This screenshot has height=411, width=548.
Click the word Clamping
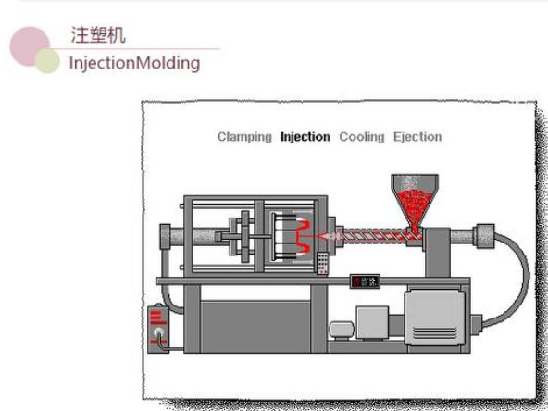pos(244,137)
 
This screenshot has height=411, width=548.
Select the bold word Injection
pos(305,137)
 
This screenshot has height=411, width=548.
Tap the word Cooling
pos(362,137)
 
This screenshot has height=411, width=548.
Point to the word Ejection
pos(417,137)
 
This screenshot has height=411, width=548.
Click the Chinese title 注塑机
pos(98,35)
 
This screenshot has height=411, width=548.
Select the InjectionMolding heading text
pos(134,63)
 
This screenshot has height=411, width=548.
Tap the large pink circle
pos(30,46)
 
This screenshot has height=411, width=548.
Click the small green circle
pos(47,61)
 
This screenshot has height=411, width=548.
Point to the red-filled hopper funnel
pos(415,203)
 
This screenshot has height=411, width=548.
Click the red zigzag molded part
pos(303,237)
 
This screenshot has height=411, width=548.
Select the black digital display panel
pos(365,281)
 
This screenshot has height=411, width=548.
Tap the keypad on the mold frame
pos(322,263)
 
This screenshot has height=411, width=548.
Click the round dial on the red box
pos(159,330)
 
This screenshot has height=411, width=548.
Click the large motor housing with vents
pos(435,318)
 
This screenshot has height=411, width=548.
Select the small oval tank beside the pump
pos(342,330)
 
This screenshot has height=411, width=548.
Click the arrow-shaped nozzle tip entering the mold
pos(327,237)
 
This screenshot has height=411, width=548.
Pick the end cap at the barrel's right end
pos(484,236)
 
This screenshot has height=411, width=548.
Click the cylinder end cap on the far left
pos(165,236)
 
